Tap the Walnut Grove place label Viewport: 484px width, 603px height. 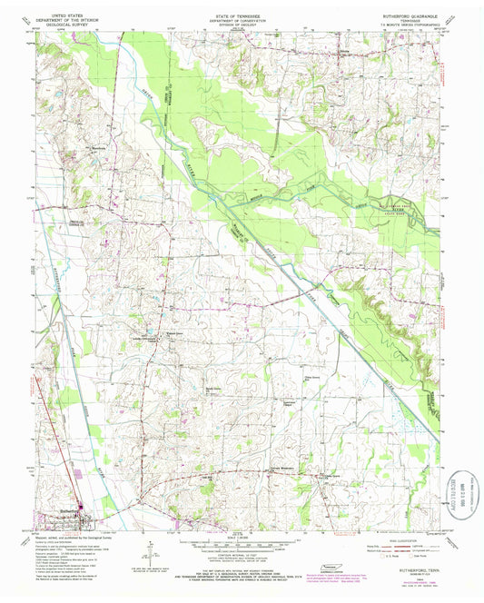pyautogui.click(x=169, y=333)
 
